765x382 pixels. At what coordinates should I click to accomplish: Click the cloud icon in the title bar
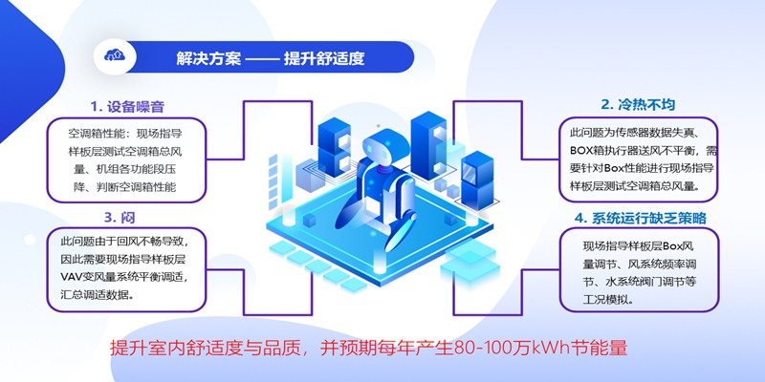(x=115, y=56)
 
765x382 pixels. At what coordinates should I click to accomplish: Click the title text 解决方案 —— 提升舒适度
(x=271, y=58)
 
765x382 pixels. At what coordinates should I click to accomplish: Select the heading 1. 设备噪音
(x=127, y=107)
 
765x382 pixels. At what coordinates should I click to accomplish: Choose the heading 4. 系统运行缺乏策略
(x=640, y=219)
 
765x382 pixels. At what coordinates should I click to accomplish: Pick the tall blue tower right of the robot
(x=428, y=145)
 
